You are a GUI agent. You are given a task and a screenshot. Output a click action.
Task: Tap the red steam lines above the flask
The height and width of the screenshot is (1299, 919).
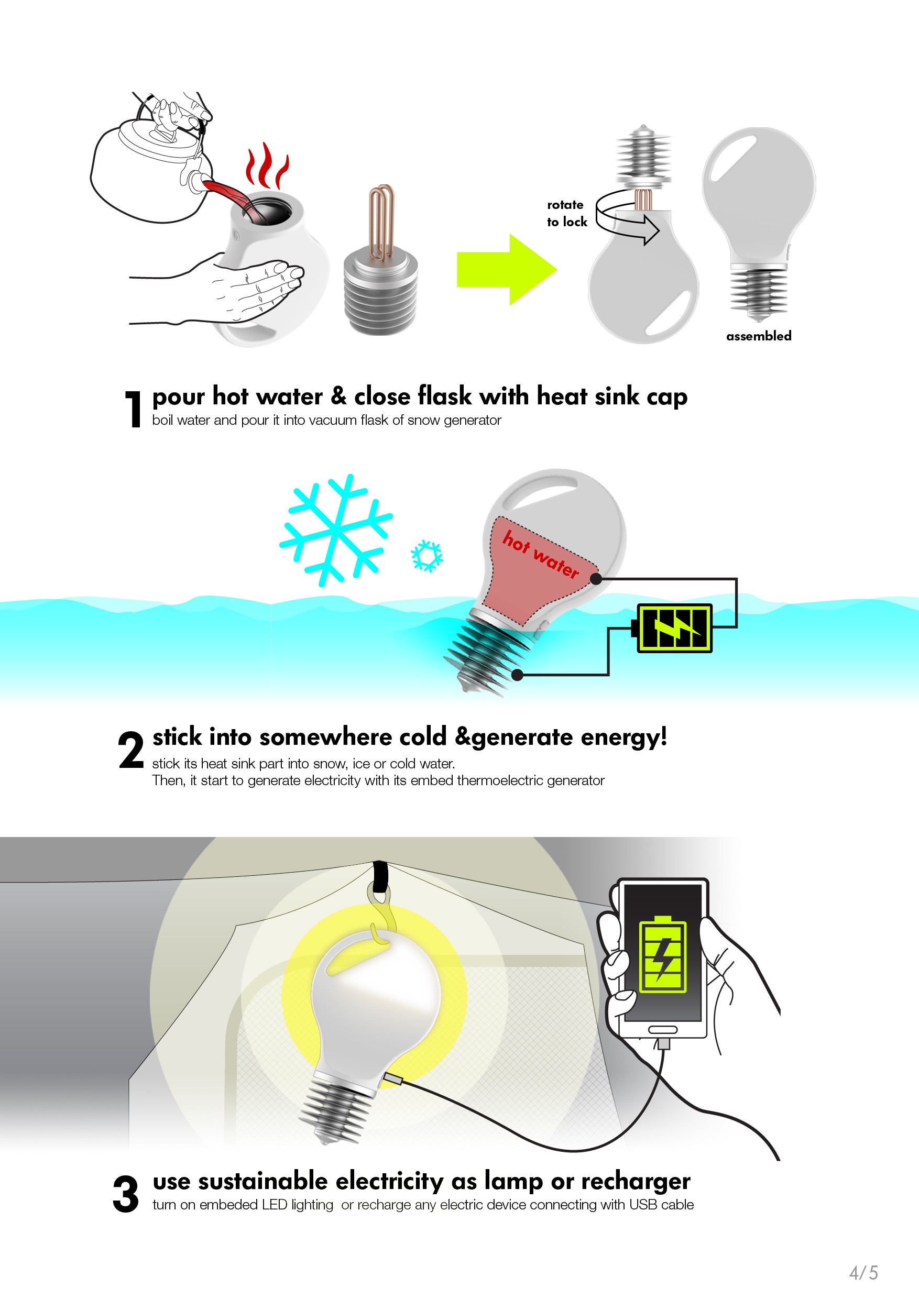pos(267,166)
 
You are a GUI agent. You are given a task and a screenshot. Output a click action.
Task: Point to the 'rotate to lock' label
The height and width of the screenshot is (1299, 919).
pos(566,213)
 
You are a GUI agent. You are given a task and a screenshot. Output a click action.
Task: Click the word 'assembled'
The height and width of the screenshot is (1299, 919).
pos(759,336)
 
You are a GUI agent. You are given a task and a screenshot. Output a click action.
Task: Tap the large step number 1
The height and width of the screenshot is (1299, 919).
pos(134,409)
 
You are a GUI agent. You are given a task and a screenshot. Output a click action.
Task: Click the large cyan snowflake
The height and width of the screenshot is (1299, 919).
pos(335,530)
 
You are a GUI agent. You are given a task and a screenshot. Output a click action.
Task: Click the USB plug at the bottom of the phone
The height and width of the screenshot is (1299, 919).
pos(663,1042)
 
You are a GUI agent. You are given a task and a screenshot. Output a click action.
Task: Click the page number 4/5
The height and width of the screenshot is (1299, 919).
pos(863,1272)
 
